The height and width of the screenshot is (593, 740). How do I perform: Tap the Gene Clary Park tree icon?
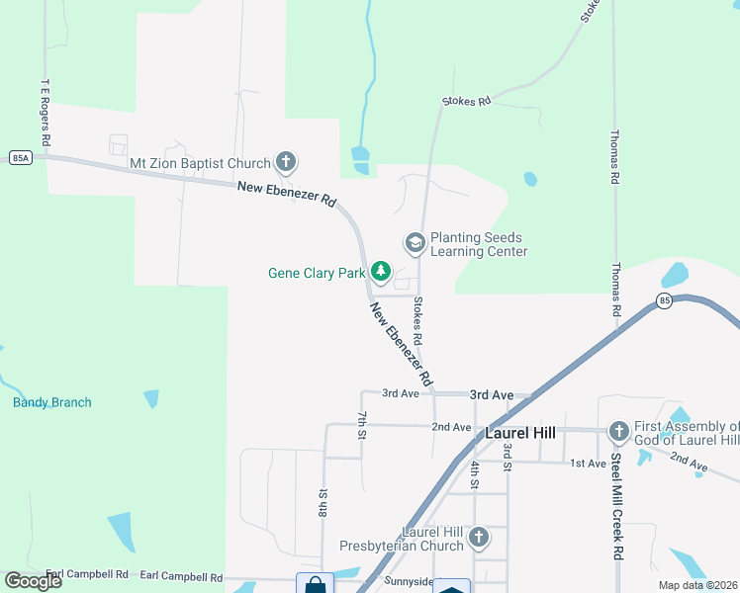[381, 272]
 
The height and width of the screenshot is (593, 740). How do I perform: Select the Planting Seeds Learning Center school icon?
[415, 242]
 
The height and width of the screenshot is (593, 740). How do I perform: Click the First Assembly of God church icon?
[618, 431]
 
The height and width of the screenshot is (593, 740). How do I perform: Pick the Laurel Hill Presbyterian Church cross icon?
[478, 538]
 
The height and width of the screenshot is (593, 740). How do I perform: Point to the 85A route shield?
[21, 157]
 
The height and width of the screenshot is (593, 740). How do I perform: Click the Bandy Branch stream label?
[51, 402]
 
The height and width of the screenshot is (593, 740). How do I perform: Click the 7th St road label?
[362, 424]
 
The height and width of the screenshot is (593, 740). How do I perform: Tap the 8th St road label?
[323, 503]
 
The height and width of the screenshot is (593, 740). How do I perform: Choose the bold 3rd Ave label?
[492, 394]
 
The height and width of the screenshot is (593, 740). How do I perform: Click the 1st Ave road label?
[588, 463]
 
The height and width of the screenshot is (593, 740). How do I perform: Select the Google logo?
[34, 580]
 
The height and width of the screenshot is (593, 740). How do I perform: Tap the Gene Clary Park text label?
[317, 273]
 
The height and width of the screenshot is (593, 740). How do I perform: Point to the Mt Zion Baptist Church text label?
[200, 163]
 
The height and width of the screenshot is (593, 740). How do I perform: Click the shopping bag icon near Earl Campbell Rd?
[316, 585]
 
